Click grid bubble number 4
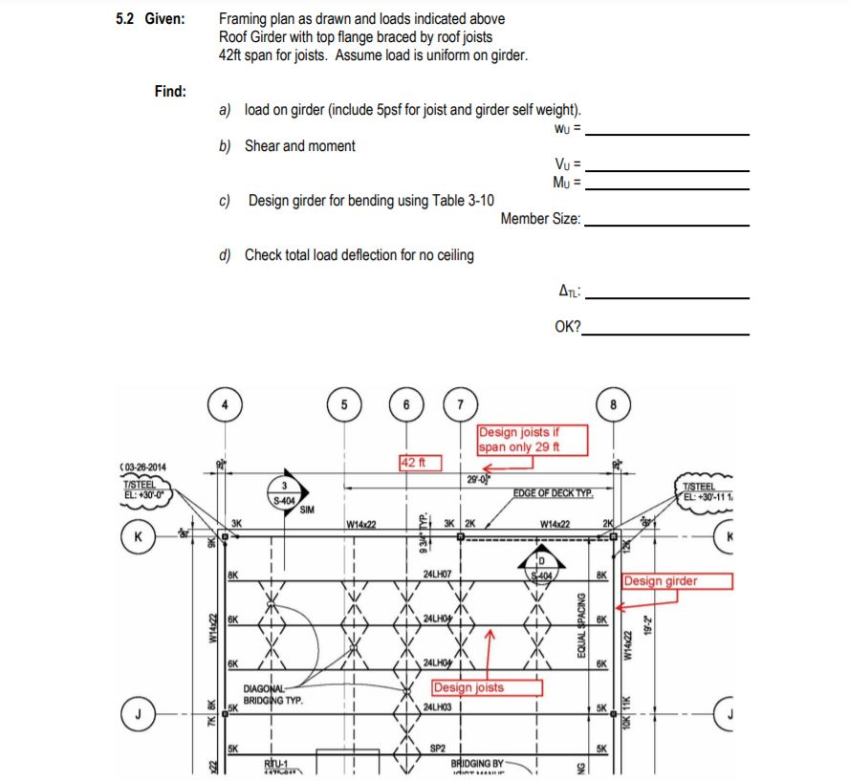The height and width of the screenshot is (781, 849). [225, 403]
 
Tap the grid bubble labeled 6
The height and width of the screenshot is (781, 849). [407, 403]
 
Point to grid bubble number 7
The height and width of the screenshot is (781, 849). [461, 403]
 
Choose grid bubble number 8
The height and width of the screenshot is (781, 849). [613, 403]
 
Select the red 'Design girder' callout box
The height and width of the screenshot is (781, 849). [677, 581]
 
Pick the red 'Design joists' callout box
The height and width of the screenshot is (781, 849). [487, 687]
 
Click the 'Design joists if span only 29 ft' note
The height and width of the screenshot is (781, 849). [532, 439]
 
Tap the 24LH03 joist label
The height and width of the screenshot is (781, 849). [437, 707]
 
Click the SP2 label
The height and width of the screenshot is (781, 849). [438, 748]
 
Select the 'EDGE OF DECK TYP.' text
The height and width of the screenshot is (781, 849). [554, 493]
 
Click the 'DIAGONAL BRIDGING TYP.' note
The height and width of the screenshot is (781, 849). [273, 694]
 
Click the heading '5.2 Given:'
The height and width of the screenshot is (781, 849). [150, 19]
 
